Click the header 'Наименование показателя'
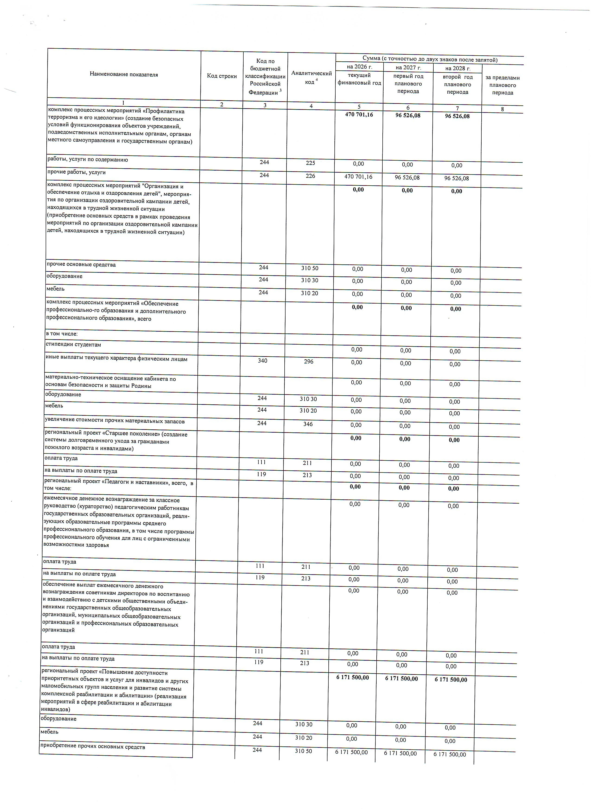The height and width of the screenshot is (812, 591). (x=124, y=74)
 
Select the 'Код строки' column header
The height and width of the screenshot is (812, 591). (x=222, y=76)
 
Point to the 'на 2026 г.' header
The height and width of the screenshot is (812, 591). (x=359, y=67)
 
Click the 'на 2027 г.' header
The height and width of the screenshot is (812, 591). (x=408, y=67)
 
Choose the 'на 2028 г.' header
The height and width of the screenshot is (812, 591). (x=458, y=68)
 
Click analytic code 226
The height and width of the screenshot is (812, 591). (x=310, y=176)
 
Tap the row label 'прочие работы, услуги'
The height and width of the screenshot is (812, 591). (x=77, y=172)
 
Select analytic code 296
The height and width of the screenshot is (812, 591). (x=308, y=362)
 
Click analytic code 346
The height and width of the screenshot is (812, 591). (x=308, y=424)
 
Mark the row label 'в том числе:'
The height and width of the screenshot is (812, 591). (x=62, y=334)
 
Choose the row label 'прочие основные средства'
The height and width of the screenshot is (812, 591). (x=81, y=265)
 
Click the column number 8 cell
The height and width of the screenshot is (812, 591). (x=503, y=109)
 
